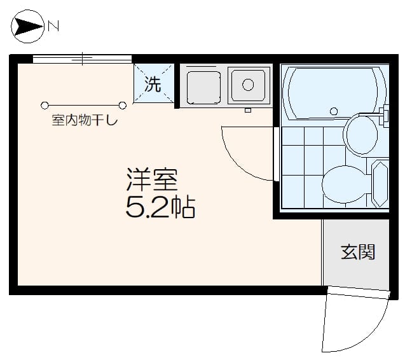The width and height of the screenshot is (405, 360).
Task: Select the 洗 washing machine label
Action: point(153,83)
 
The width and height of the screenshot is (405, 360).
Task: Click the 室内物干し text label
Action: point(85,121)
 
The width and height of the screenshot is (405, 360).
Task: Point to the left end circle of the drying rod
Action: point(45,105)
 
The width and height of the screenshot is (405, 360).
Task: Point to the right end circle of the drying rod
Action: point(123,105)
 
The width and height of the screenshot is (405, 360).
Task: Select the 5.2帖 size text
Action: point(160,208)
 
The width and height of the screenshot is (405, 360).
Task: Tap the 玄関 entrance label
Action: point(357,252)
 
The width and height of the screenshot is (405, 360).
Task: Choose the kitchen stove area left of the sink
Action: point(203,87)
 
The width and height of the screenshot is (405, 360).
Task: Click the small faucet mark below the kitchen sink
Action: point(248,111)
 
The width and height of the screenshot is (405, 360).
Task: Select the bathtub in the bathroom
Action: point(334,92)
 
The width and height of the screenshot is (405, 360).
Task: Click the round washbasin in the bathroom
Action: point(361,135)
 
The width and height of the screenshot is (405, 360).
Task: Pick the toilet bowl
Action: point(345,184)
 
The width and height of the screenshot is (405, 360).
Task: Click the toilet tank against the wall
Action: point(380,184)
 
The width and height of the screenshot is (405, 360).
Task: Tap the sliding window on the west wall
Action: point(83,59)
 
